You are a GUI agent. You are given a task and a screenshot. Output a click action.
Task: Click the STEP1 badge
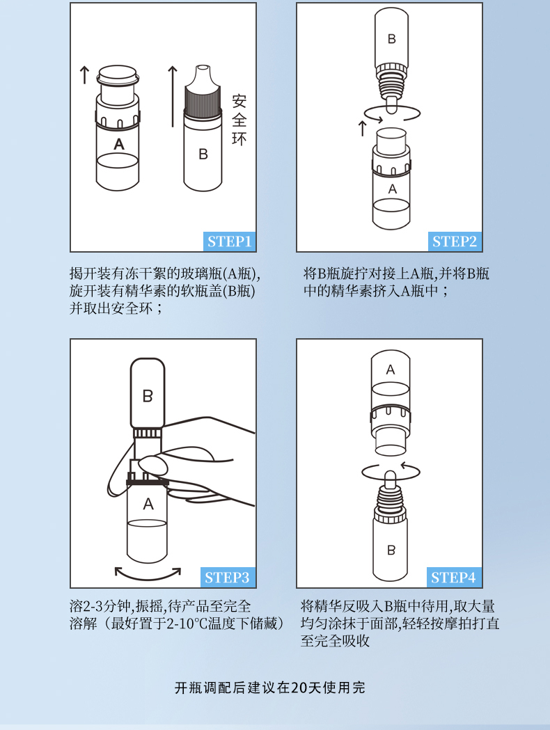pyautogui.click(x=230, y=241)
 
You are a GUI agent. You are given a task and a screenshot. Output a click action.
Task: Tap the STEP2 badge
pyautogui.click(x=455, y=241)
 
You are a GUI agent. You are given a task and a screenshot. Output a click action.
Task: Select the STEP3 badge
pyautogui.click(x=228, y=578)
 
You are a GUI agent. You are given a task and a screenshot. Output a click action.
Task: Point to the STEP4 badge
pyautogui.click(x=454, y=578)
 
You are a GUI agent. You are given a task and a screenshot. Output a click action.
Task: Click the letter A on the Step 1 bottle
pyautogui.click(x=119, y=144)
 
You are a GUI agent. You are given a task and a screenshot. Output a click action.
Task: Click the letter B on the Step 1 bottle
pyautogui.click(x=203, y=154)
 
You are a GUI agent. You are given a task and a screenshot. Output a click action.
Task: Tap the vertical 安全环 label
pyautogui.click(x=239, y=120)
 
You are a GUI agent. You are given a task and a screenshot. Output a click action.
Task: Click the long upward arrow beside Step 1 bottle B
pyautogui.click(x=173, y=96)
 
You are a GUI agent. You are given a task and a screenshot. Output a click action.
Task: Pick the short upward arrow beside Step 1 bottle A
pyautogui.click(x=84, y=75)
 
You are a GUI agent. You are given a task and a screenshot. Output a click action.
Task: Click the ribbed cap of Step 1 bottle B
pyautogui.click(x=203, y=100)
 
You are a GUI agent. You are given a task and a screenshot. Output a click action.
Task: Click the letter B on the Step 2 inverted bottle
pyautogui.click(x=392, y=39)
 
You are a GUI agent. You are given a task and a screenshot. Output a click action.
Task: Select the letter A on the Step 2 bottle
pyautogui.click(x=393, y=189)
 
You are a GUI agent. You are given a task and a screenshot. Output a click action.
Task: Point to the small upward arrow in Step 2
pyautogui.click(x=362, y=129)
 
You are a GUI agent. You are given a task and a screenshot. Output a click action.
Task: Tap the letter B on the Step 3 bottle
pyautogui.click(x=147, y=396)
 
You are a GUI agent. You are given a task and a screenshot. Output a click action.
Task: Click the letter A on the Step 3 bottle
pyautogui.click(x=148, y=504)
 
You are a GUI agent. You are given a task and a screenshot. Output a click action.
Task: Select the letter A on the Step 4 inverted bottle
pyautogui.click(x=391, y=370)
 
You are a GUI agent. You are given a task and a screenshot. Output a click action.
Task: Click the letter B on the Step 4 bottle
pyautogui.click(x=391, y=550)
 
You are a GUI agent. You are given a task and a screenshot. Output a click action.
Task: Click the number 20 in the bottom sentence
pyautogui.click(x=299, y=688)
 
